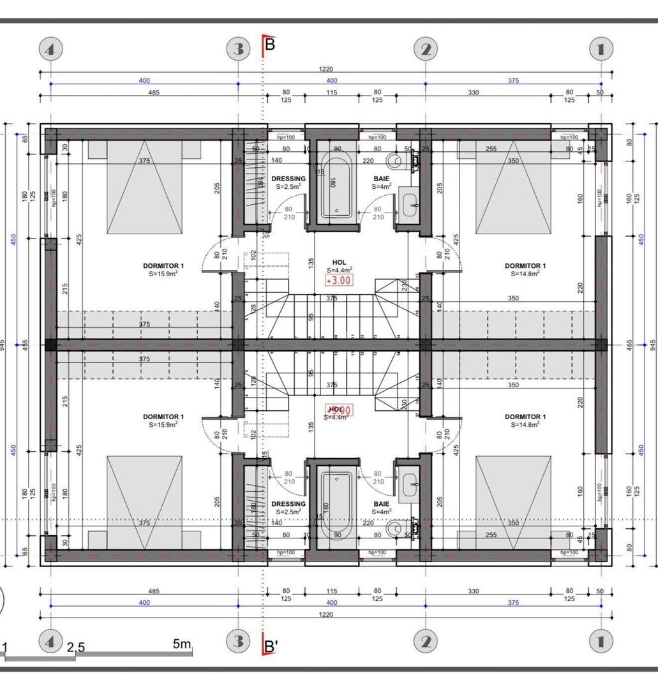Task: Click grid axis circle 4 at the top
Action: [51, 48]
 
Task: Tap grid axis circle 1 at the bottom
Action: [601, 641]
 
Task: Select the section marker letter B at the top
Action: [269, 45]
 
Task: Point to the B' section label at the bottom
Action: [271, 646]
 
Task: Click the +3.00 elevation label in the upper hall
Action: [338, 279]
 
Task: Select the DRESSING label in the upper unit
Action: [288, 179]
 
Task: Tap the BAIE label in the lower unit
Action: [382, 503]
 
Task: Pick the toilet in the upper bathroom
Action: [398, 159]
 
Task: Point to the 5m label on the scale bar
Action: [182, 644]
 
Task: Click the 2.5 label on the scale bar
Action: [75, 647]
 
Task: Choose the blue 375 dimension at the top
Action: [513, 80]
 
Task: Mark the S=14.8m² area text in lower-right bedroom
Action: [525, 424]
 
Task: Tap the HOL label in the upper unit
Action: [339, 262]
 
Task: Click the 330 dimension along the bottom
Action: [473, 591]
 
